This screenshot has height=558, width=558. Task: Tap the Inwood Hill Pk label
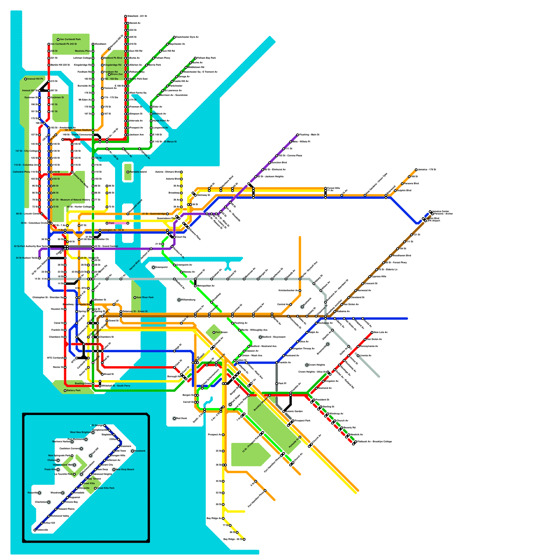coord(35,79)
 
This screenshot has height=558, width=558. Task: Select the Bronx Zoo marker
coord(109,74)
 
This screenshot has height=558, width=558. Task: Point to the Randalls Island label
coord(138,172)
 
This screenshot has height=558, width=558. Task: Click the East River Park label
coord(145,297)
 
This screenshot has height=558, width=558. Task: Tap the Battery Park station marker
coord(65,391)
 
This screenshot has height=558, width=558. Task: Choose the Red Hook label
coord(181,418)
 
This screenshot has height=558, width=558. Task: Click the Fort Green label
coord(221,332)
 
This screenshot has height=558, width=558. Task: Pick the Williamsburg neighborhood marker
coord(179,300)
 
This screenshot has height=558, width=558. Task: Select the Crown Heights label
coord(317,365)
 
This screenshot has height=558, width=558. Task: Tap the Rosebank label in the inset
coord(140,451)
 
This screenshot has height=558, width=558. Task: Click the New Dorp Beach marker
coord(114,469)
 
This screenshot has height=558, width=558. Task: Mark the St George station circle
coord(104,425)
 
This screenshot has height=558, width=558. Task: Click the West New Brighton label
coord(81,432)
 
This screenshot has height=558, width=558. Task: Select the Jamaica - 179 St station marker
coord(416,170)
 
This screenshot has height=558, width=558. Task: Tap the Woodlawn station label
coord(100,44)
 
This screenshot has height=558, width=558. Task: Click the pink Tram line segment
coord(121,223)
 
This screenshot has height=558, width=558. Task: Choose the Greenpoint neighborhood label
coord(161,267)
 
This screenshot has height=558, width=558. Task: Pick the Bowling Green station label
coord(83,384)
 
